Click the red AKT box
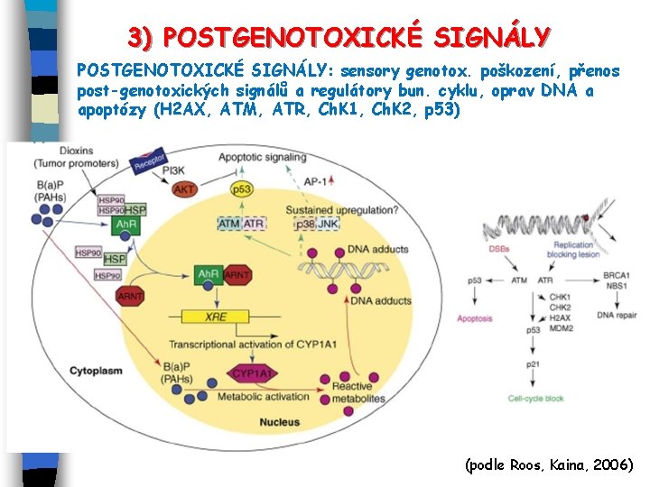(185, 189)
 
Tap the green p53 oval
(241, 189)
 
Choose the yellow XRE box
(216, 316)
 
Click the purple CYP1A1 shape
(254, 373)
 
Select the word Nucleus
(279, 421)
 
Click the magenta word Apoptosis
(474, 318)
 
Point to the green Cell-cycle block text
(535, 398)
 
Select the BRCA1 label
(617, 275)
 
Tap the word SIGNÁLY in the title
(491, 38)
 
